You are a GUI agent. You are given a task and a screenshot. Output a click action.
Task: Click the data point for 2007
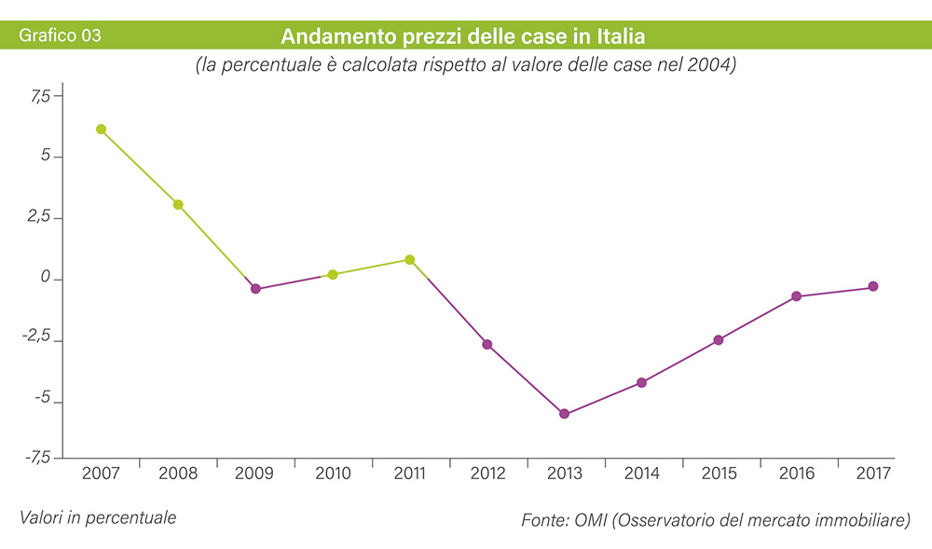click(101, 130)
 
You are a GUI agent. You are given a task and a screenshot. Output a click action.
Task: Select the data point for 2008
click(178, 204)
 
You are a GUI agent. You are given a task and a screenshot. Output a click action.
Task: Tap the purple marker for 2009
click(255, 289)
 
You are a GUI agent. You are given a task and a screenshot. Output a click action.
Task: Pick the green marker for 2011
click(410, 260)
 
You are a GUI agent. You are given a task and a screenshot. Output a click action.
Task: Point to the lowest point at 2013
click(564, 414)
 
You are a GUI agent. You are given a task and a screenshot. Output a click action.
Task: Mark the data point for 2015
click(719, 340)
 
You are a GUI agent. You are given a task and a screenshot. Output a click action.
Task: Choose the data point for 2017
click(873, 287)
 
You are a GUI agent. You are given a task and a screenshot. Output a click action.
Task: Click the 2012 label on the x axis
click(487, 474)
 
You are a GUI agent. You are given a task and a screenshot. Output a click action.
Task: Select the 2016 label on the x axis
click(796, 474)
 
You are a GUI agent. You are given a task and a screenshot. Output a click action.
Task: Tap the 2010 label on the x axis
click(333, 474)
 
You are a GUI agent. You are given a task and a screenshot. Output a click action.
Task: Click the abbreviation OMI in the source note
click(585, 520)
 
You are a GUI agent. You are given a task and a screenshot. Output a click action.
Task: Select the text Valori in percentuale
click(97, 515)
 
